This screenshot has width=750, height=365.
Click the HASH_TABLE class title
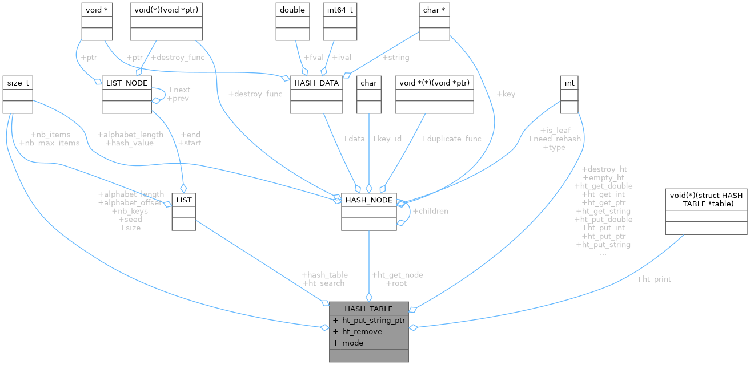coord(368,309)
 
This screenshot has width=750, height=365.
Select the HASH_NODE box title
coord(368,200)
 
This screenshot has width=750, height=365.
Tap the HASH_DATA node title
coord(316,83)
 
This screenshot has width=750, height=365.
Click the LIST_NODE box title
coord(125,83)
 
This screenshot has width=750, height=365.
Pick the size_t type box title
coord(17,83)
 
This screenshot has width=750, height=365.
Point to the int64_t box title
coord(337,10)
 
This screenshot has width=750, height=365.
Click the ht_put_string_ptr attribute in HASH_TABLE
coord(373,320)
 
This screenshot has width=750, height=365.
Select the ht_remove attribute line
coord(362,331)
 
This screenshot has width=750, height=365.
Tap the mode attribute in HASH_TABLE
coord(352,343)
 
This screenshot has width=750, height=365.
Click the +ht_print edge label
coord(653,279)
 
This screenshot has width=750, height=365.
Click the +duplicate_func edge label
coord(451,139)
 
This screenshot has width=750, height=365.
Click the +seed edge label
coord(130,219)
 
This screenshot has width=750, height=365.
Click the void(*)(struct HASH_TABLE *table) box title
coord(706,199)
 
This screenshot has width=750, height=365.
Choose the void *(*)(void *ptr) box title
coord(434,83)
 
